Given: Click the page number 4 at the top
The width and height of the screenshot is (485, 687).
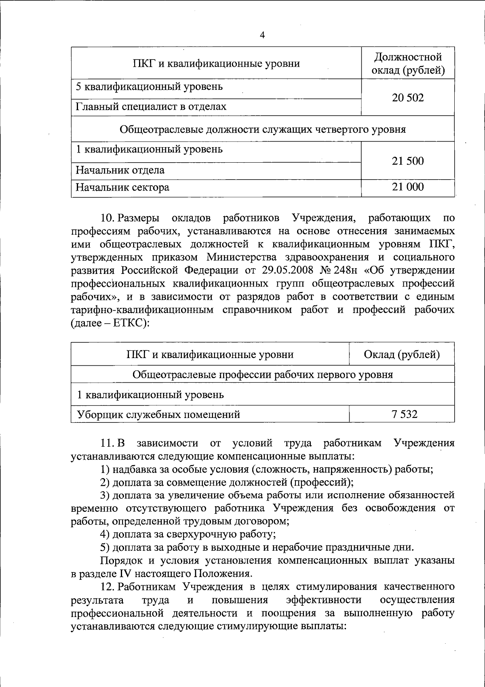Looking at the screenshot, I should [x=262, y=36].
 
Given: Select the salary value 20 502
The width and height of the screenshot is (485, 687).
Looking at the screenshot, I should [x=408, y=98].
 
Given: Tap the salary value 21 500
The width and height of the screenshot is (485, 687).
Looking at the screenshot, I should [x=408, y=161].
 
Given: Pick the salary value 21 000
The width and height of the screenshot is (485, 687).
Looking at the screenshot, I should [x=408, y=187].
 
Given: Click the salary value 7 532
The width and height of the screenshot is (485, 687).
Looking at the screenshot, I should [x=404, y=414].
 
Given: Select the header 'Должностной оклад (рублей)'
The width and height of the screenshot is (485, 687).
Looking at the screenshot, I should [x=408, y=64].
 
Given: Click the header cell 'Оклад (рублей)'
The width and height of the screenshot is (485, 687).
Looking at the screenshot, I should [x=402, y=354].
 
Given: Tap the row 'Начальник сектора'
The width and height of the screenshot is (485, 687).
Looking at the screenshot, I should [x=122, y=187].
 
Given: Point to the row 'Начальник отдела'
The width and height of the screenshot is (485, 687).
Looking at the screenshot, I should [x=120, y=170].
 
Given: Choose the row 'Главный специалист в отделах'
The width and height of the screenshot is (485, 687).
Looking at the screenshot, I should [x=151, y=107].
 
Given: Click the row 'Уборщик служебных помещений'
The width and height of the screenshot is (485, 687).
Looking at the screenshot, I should [x=158, y=414].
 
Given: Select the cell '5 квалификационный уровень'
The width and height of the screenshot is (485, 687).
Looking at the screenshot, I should [x=149, y=87].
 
